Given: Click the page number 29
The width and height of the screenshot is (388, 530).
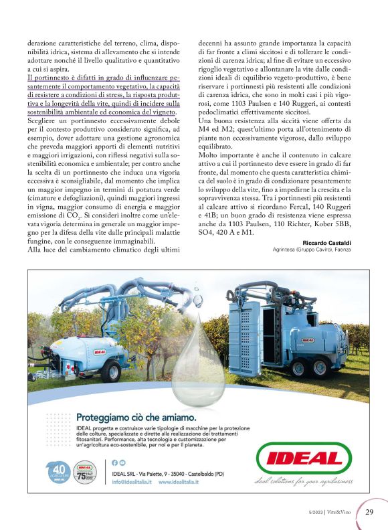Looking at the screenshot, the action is click(x=370, y=512).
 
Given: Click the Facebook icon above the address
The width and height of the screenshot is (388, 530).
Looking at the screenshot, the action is click(x=114, y=462).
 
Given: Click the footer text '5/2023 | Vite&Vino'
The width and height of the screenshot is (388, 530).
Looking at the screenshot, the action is click(x=332, y=513).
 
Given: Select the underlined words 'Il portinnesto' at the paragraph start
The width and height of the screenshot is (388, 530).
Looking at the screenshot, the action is click(x=48, y=78).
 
